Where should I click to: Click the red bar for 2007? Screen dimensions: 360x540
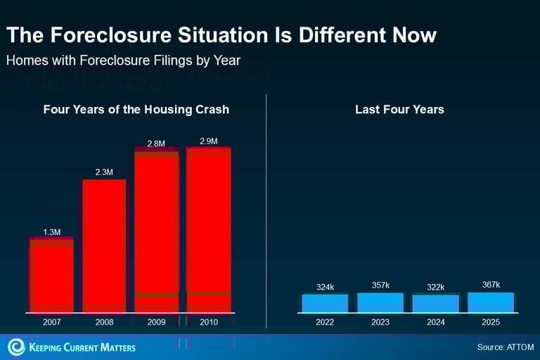click(x=51, y=275)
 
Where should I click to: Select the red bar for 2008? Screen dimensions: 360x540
click(x=104, y=245)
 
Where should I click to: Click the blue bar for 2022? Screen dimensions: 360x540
click(x=325, y=303)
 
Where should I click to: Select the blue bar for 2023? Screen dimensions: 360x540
click(x=380, y=302)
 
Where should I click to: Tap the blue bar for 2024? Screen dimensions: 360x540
click(x=436, y=303)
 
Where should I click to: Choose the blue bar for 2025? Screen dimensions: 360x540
click(x=491, y=302)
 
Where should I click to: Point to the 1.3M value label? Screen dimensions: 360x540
click(x=52, y=232)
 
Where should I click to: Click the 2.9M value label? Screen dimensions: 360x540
click(x=209, y=141)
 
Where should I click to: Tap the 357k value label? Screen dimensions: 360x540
click(x=380, y=285)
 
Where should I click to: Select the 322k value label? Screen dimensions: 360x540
click(x=436, y=287)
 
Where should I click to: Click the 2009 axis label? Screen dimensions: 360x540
click(x=156, y=322)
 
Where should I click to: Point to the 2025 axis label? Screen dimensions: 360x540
click(x=491, y=322)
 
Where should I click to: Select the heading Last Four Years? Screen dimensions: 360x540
click(x=399, y=110)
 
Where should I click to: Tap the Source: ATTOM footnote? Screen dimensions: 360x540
click(x=505, y=347)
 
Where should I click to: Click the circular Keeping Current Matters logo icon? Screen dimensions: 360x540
click(x=15, y=347)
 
